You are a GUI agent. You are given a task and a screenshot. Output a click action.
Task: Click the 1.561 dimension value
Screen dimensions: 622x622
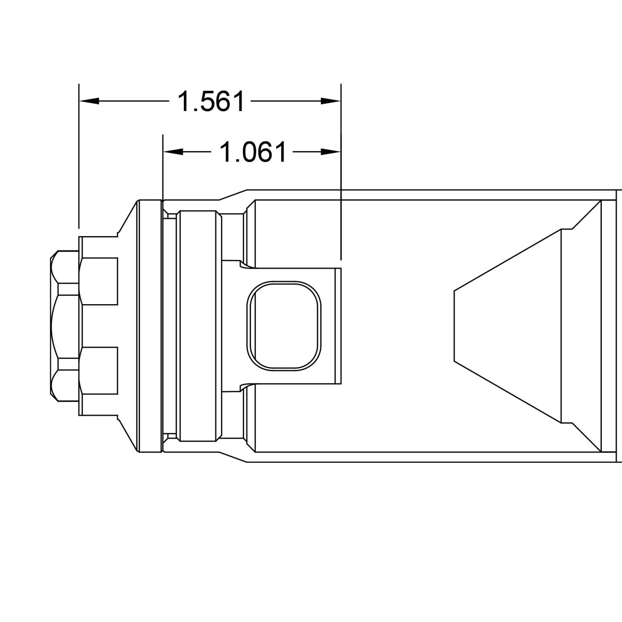[211, 101]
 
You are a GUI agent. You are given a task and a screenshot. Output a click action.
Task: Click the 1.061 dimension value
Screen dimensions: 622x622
[253, 152]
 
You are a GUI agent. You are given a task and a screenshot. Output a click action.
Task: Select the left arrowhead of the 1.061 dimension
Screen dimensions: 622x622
[173, 151]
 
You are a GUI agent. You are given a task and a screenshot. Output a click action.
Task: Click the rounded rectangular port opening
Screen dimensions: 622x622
[284, 326]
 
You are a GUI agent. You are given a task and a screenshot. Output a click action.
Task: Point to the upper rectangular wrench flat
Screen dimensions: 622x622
[99, 281]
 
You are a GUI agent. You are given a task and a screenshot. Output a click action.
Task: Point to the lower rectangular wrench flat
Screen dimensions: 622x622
[99, 370]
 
